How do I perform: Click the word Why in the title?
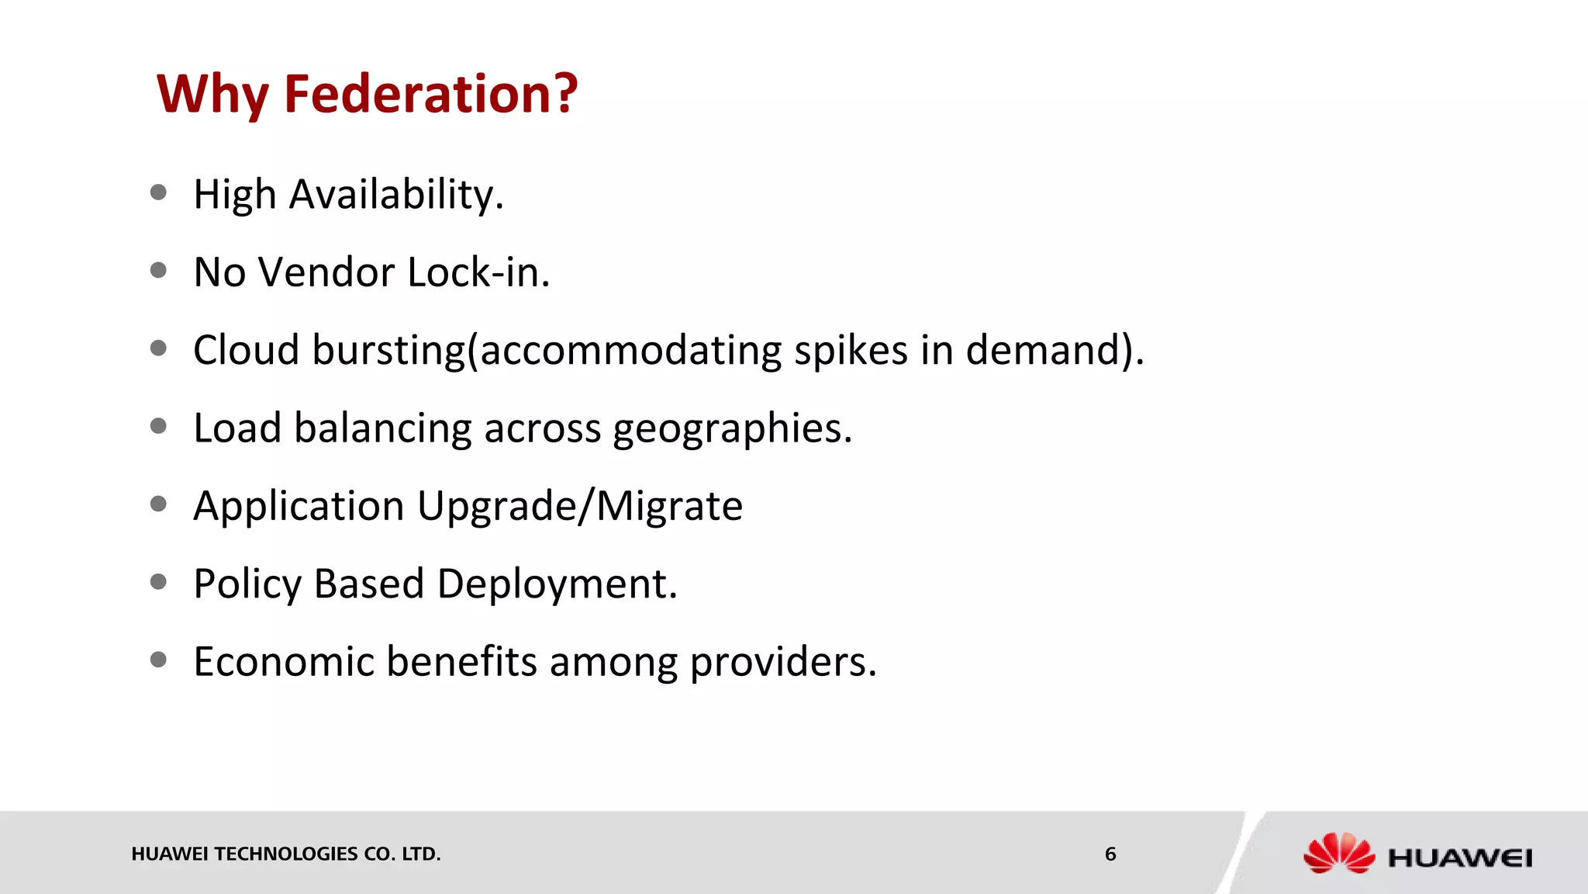[x=212, y=94]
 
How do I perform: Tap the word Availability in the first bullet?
[x=396, y=194]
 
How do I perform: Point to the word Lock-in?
[x=478, y=272]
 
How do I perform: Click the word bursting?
[x=388, y=350]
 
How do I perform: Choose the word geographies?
[x=732, y=428]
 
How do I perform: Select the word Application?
[x=299, y=506]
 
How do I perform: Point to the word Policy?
[x=247, y=584]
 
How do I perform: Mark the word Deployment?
[x=557, y=584]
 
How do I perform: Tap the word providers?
[x=782, y=662]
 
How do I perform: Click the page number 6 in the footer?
[x=1110, y=854]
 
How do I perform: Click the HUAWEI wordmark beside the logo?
[x=1460, y=858]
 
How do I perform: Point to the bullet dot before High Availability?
[x=159, y=192]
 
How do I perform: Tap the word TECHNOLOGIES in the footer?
[x=286, y=854]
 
